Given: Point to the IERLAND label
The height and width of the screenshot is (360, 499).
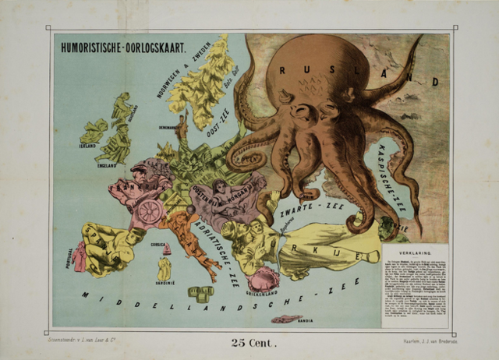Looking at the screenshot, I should click(x=87, y=145).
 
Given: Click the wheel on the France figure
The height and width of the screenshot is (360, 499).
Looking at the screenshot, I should click(x=150, y=211).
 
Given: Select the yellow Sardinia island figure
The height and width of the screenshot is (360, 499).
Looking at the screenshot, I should click(x=164, y=269).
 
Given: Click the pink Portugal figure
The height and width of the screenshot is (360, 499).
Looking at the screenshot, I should click(x=80, y=256).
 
